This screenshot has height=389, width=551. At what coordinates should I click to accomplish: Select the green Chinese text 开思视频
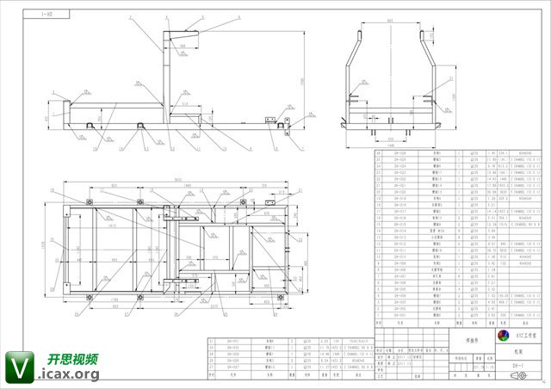71,359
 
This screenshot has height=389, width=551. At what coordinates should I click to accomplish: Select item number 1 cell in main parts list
380,315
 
